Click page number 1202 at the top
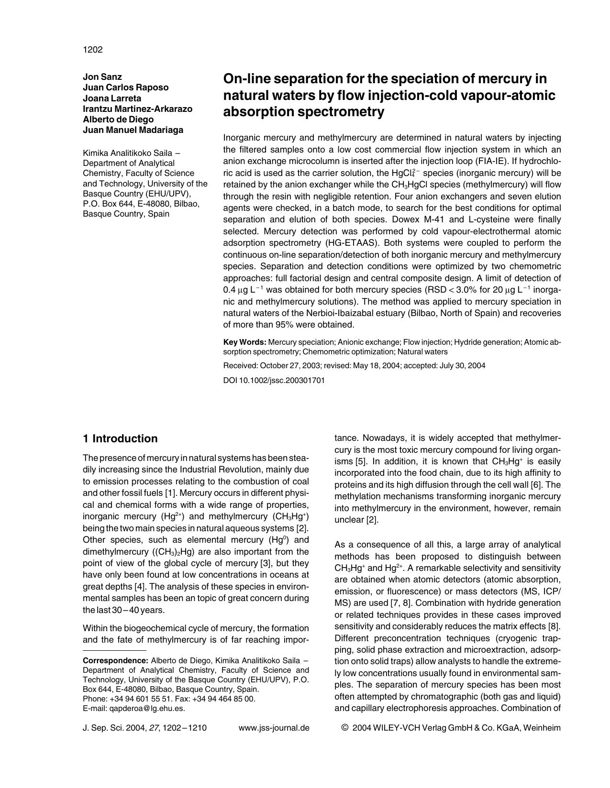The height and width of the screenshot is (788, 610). [93, 50]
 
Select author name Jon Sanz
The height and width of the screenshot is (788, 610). [102, 77]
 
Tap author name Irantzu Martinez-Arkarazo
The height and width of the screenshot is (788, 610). [137, 109]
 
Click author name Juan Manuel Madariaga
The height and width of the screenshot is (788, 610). [133, 130]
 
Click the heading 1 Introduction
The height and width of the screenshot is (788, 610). [120, 438]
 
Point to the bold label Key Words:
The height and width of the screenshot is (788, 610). [244, 342]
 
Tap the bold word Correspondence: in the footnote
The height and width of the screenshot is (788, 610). [115, 661]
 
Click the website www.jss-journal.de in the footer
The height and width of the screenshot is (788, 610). [274, 728]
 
